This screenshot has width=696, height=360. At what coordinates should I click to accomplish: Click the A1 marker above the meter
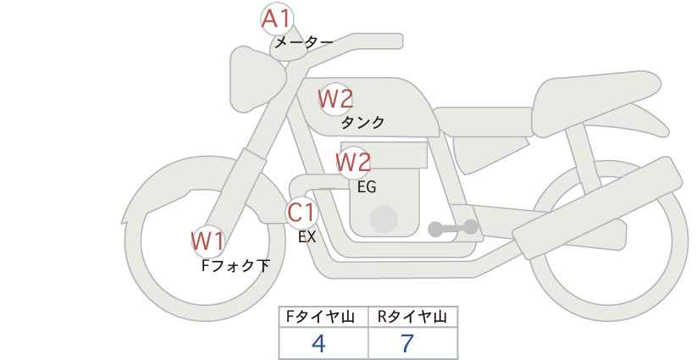276,18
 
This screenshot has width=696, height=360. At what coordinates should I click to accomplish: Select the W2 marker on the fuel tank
334,99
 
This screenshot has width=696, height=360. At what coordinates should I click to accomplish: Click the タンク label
362,122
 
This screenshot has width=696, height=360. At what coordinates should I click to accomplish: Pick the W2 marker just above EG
353,162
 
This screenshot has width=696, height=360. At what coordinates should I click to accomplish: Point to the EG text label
367,186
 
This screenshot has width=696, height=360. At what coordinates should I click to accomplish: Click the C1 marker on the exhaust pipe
301,212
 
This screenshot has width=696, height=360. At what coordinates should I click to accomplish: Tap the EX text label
307,237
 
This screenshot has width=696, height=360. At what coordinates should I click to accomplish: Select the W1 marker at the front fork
207,241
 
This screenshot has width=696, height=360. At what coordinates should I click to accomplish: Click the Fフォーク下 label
235,266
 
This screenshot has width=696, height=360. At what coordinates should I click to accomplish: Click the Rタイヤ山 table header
412,318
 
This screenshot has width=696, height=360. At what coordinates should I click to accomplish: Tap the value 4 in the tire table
319,344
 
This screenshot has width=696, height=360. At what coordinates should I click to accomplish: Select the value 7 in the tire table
407,344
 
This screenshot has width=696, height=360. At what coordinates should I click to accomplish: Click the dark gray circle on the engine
384,219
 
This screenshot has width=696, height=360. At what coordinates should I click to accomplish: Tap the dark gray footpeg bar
453,228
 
